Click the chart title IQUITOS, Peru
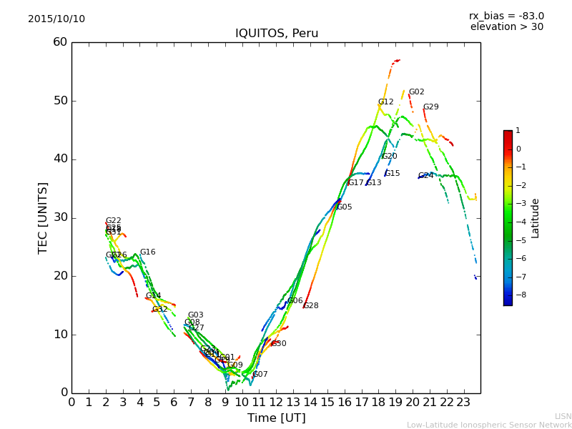point(277,34)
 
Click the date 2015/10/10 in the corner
point(56,19)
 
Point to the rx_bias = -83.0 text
point(506,16)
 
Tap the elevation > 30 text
point(507,27)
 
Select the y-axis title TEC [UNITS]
point(44,217)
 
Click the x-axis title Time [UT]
point(276,418)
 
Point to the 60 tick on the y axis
point(60,42)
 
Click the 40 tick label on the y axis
point(60,159)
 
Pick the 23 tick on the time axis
point(463,401)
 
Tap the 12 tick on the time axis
point(276,401)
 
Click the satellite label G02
point(416,92)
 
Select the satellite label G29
point(430,107)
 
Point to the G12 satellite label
point(385,102)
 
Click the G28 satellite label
point(311,306)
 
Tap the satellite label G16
point(147,252)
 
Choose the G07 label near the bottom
point(260,375)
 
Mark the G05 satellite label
point(344,207)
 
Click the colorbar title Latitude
point(536,218)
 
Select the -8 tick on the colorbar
point(518,294)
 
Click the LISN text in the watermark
point(563,416)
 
